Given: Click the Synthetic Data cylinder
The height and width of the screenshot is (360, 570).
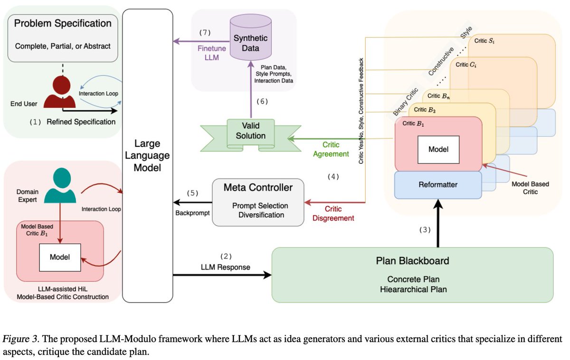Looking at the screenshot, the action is tap(251, 37).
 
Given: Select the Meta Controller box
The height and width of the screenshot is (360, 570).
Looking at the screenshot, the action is tap(258, 202).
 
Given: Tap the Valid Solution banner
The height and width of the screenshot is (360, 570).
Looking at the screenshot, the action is tap(251, 135).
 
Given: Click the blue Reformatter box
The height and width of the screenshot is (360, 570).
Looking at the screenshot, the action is tap(438, 185).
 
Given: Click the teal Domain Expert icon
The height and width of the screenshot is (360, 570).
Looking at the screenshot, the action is tap(60, 185).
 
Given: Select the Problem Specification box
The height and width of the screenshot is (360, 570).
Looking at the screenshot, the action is tap(63, 38).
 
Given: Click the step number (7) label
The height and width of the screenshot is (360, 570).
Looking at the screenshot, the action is tap(205, 33).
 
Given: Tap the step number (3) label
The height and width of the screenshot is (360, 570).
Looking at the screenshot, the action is tap(425, 230).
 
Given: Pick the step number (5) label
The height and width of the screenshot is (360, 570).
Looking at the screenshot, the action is tap(192, 193).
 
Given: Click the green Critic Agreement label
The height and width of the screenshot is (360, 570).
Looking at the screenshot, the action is tap(331, 149).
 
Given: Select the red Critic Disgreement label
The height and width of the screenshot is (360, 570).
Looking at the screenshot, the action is tap(333, 213).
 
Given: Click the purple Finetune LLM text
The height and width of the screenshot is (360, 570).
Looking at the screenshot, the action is tap(212, 53).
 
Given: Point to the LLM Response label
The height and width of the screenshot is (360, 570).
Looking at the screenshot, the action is tap(226, 267).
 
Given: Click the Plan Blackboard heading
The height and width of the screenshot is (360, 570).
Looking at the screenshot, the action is tap(412, 261).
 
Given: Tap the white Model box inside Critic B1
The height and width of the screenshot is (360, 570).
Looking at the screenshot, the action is tap(438, 150).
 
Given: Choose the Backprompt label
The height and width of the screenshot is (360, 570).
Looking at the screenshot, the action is tap(192, 213).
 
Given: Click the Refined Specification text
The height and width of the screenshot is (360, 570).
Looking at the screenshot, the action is tap(81, 122).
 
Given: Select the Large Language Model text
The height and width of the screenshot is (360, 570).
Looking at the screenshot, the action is tap(147, 155).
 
